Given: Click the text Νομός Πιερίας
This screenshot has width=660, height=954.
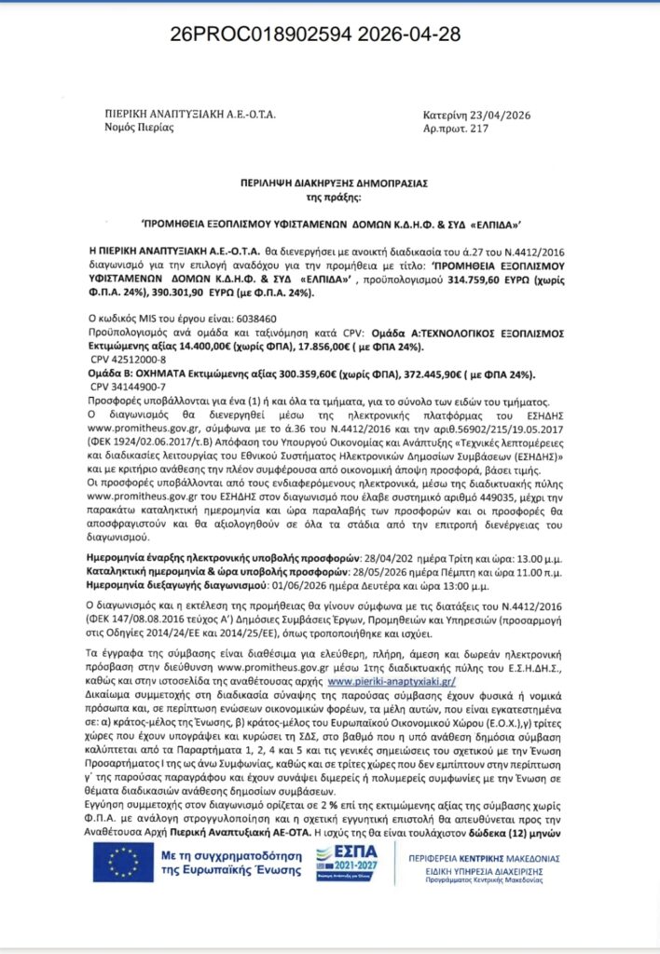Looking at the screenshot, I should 138,128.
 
